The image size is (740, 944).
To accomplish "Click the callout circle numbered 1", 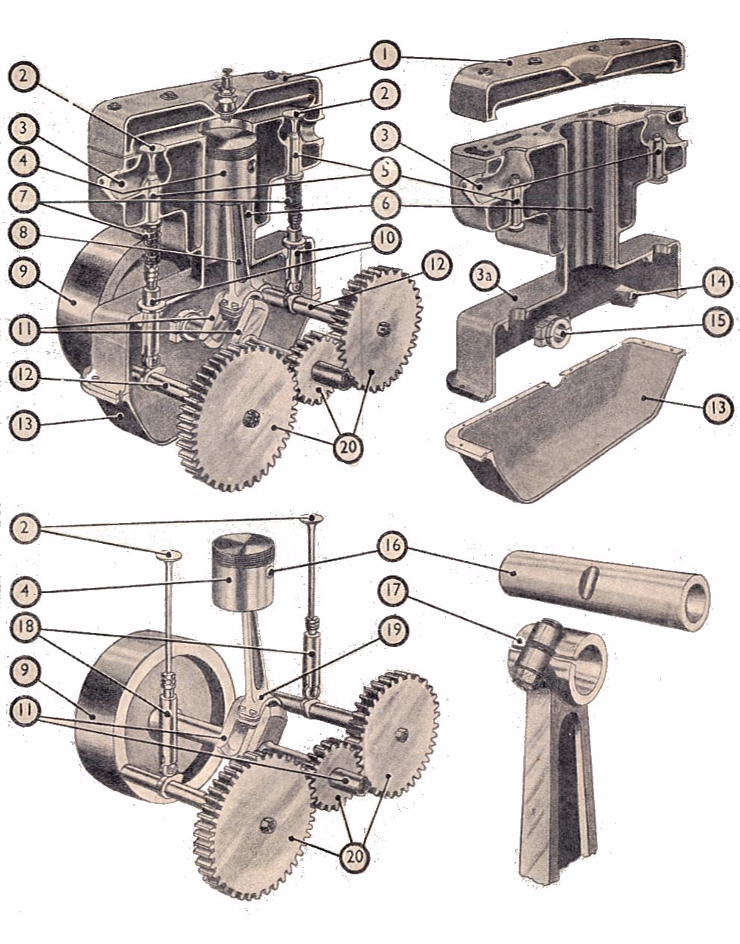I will (x=386, y=57).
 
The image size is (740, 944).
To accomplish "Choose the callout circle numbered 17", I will (x=397, y=591).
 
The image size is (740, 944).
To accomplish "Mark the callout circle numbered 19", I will (x=397, y=632).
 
